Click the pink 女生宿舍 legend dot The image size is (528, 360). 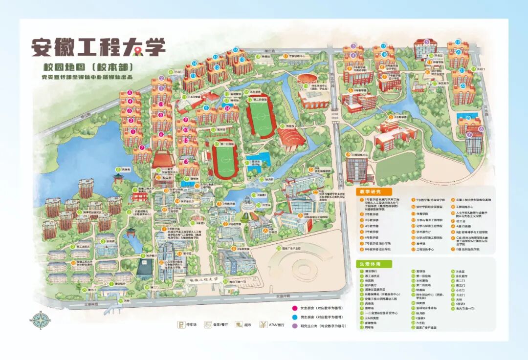295,308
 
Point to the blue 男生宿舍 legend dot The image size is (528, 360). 295,317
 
